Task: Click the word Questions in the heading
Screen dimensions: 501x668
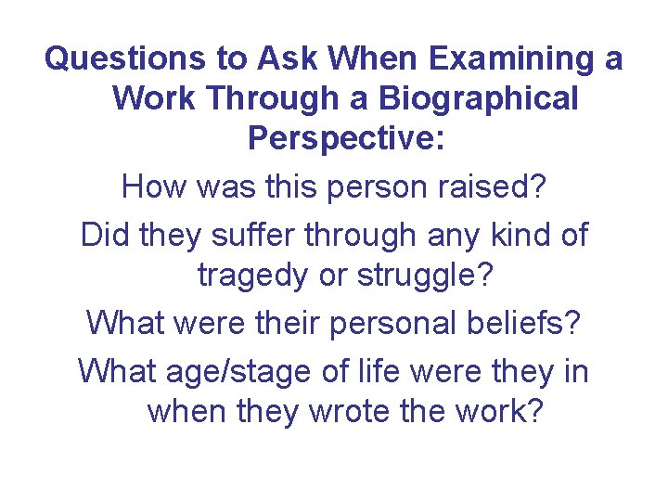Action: (126, 59)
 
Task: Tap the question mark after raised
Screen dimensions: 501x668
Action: (538, 188)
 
